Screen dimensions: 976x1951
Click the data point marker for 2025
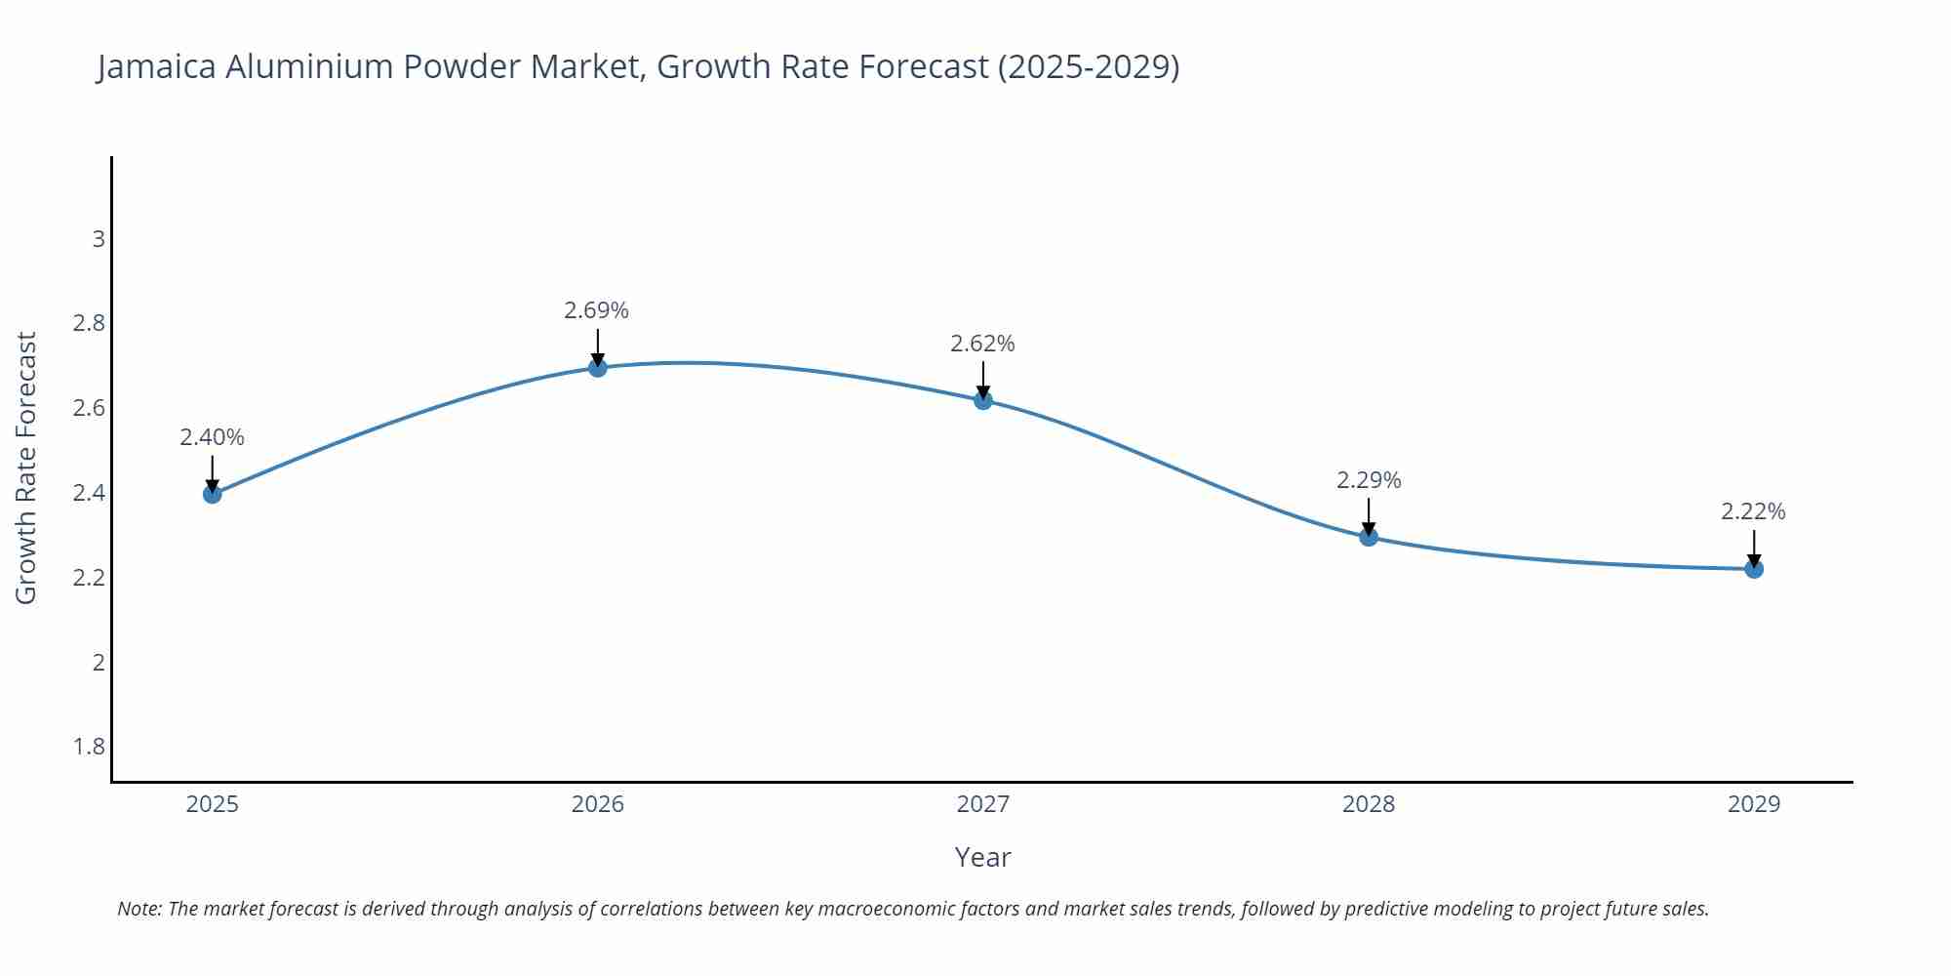tap(212, 494)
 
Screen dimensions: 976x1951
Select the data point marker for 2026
tap(598, 368)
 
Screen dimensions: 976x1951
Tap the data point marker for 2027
tap(983, 400)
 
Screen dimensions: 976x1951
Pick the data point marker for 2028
tap(1369, 537)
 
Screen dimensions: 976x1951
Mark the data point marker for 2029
tap(1754, 569)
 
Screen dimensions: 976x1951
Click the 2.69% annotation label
tap(596, 310)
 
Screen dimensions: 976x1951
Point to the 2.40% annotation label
tap(212, 437)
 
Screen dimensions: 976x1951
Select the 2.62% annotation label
tap(982, 344)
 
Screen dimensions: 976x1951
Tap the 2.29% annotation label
tap(1369, 480)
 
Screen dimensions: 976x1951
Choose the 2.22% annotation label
tap(1753, 511)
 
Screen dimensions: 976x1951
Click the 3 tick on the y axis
tap(98, 239)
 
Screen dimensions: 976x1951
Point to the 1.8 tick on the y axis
tap(89, 747)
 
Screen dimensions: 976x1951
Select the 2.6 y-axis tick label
tap(89, 408)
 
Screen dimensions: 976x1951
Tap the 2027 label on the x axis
tap(983, 804)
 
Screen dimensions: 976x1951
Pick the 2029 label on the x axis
tap(1754, 804)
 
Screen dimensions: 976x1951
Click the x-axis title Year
tap(982, 857)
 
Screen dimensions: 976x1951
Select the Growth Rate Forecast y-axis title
tap(26, 468)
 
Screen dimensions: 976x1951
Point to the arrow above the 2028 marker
tap(1369, 515)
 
